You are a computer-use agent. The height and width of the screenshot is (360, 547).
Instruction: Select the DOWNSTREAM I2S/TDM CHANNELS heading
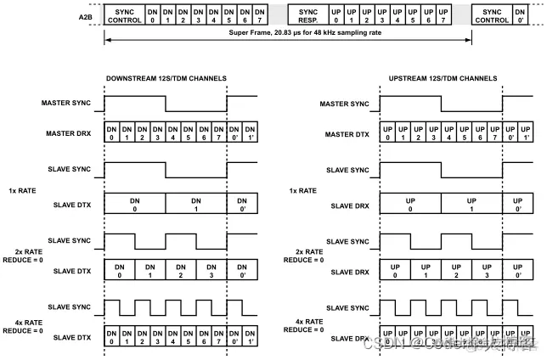click(x=166, y=79)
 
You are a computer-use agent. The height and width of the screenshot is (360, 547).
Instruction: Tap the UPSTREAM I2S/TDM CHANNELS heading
click(x=442, y=79)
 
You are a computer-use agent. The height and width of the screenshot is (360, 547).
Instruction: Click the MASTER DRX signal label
click(x=68, y=135)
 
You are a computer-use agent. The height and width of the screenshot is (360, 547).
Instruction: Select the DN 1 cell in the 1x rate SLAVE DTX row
click(x=196, y=203)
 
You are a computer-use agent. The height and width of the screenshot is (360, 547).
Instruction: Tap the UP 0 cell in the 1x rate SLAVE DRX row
click(x=409, y=203)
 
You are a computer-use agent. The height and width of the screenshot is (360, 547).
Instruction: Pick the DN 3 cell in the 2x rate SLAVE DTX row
click(x=211, y=272)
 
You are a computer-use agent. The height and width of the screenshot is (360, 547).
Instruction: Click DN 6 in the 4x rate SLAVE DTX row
click(x=204, y=338)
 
